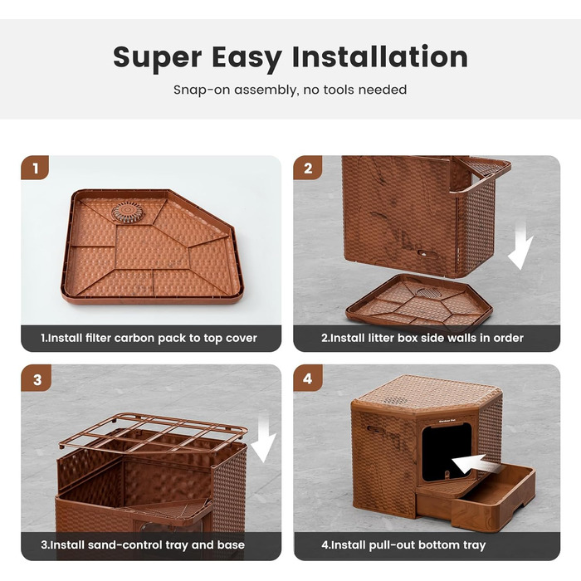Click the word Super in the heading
coord(158,58)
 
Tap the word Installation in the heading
coord(380,56)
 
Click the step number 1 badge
coord(35,168)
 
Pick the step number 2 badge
coord(308,168)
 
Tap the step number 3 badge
coord(37,378)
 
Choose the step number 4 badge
coord(308,378)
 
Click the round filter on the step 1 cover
coord(127,212)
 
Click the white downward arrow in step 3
coord(263,438)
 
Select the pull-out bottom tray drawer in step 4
coord(494,496)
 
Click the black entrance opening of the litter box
coord(447,452)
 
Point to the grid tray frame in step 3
coord(153,432)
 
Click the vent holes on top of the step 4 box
coord(394,400)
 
